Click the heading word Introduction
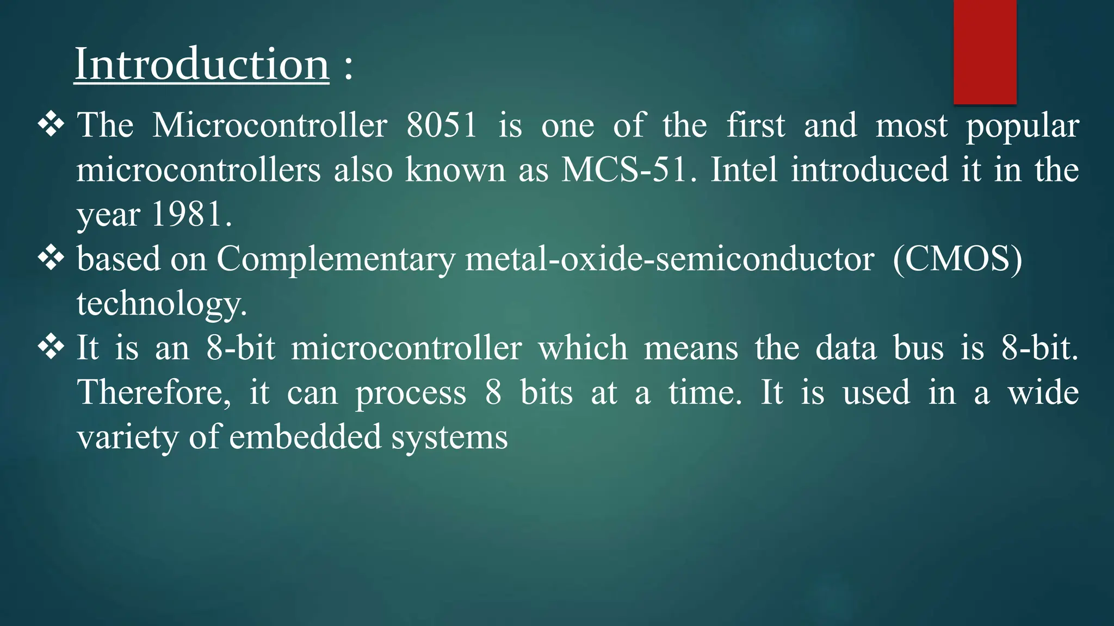pos(202,64)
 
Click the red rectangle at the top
pos(985,52)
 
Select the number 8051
pos(441,125)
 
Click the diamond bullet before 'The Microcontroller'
pos(51,124)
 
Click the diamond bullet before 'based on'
pos(51,258)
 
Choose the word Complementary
pos(336,259)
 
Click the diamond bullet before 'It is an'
pos(51,347)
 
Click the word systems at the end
pos(449,438)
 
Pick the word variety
pos(128,438)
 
